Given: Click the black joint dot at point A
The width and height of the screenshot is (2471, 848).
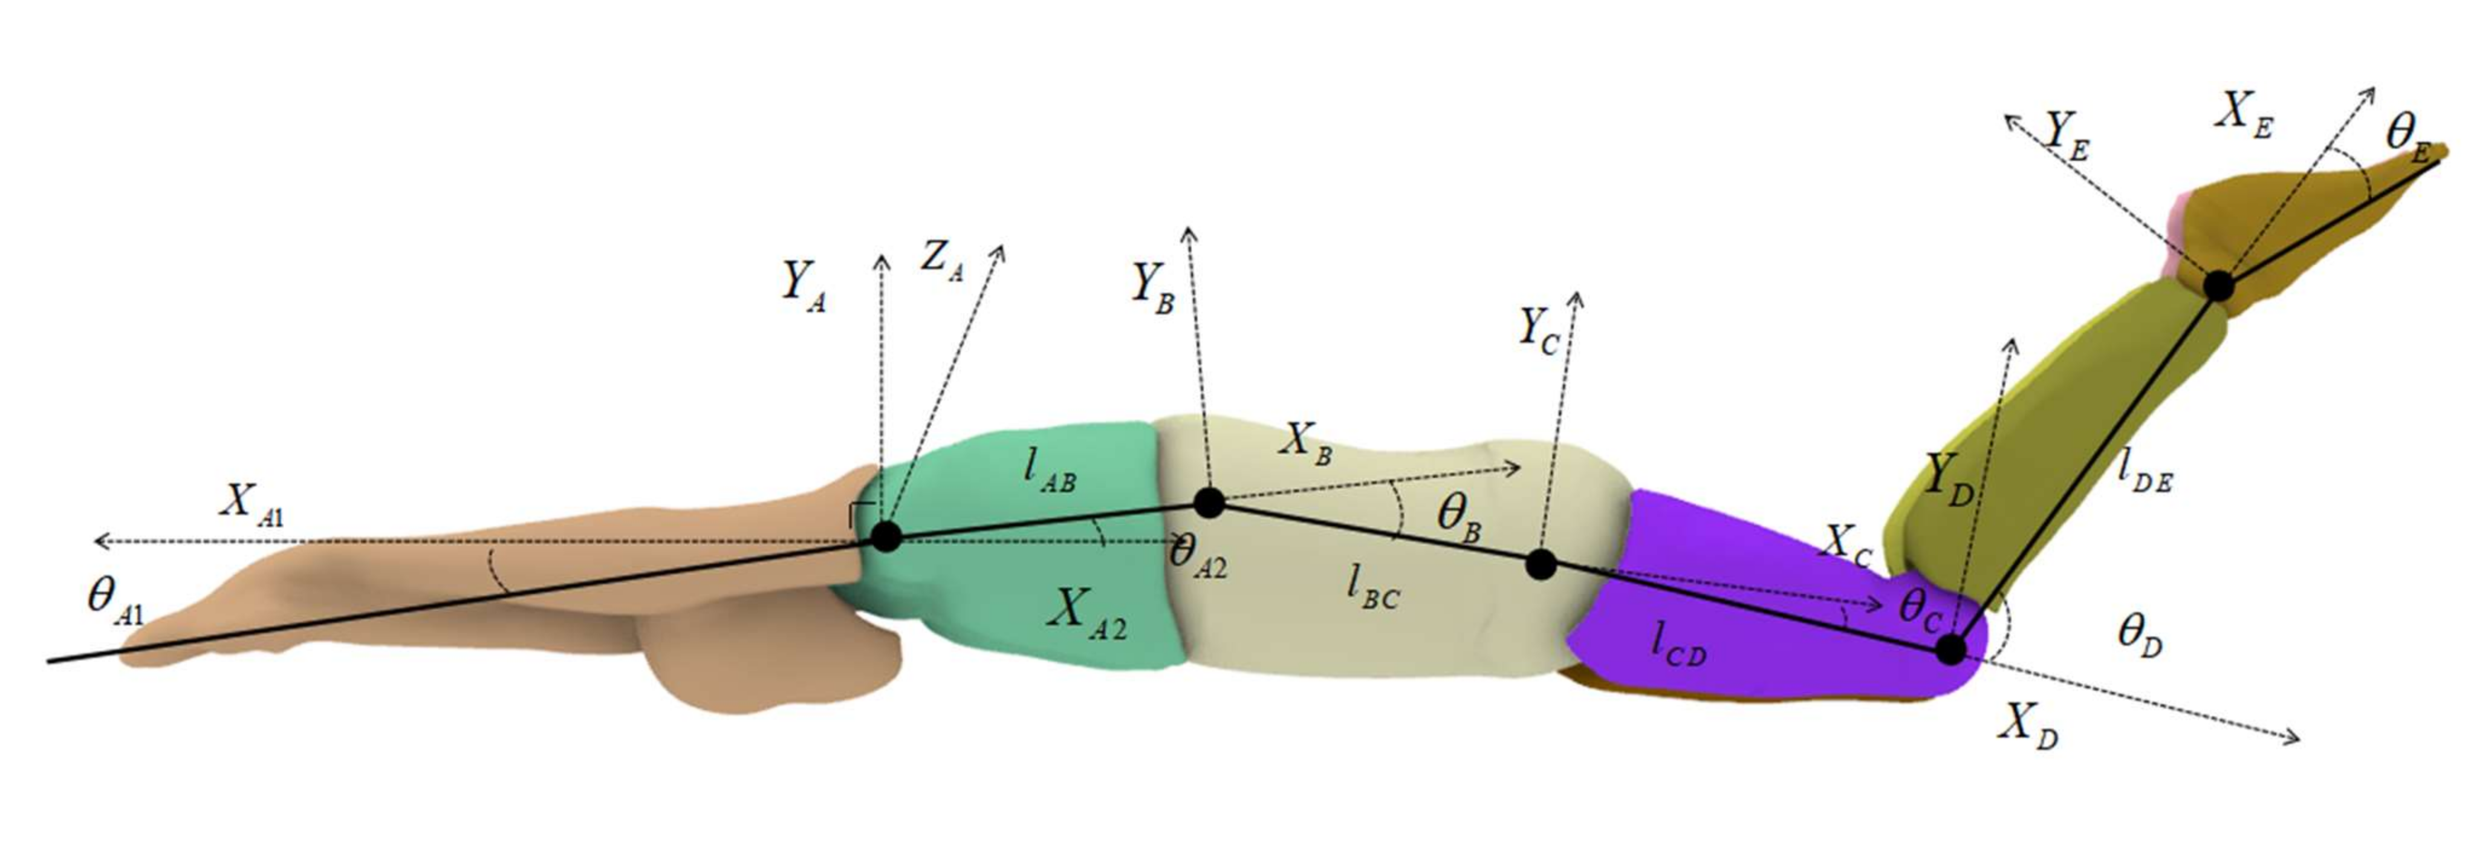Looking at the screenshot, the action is (x=885, y=537).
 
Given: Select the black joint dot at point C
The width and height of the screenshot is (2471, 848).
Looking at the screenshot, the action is (x=1541, y=564).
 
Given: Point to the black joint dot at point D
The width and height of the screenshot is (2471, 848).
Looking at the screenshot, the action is (x=1950, y=650).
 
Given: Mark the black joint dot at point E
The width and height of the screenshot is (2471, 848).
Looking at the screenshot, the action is (x=2218, y=285).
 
